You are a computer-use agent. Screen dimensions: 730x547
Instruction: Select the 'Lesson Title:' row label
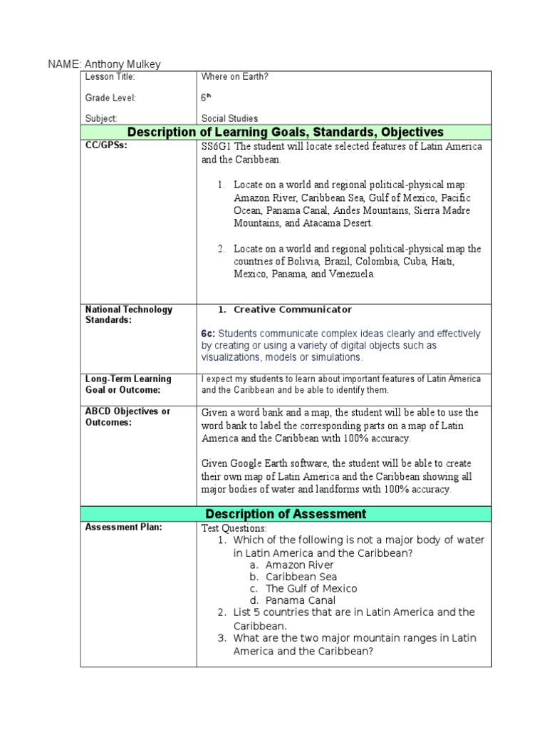coord(110,77)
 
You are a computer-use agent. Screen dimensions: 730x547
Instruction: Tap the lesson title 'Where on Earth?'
coord(234,77)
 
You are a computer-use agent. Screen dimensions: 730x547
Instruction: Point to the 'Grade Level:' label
coord(110,98)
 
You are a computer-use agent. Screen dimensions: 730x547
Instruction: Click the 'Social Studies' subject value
coord(229,118)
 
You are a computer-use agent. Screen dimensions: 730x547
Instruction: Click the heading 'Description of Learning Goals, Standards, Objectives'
coord(285,132)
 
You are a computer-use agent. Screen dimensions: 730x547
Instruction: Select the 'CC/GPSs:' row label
coord(106,146)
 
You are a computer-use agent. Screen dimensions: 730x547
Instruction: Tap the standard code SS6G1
coord(217,146)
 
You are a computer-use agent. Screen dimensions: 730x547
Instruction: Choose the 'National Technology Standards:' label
coord(128,314)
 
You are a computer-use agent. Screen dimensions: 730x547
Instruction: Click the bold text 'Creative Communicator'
coord(293,309)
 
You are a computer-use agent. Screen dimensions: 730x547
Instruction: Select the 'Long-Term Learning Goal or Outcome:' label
coord(128,384)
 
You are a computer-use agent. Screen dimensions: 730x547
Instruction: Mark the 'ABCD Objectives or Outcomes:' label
coord(127,417)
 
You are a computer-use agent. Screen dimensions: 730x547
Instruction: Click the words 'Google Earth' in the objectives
coord(259,463)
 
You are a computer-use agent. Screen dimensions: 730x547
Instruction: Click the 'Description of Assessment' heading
coord(286,514)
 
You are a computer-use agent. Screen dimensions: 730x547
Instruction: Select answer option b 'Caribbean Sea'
coord(301,577)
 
